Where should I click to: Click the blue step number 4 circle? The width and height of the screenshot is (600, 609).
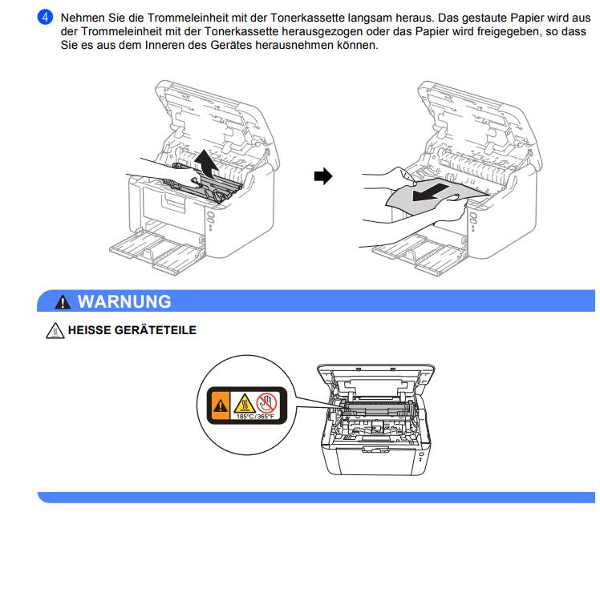45,18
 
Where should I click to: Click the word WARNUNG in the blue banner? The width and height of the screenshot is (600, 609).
124,302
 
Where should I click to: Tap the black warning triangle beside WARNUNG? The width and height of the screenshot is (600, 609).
63,302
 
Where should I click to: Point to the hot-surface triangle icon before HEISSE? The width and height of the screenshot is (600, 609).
55,330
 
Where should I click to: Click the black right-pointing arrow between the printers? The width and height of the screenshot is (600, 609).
323,176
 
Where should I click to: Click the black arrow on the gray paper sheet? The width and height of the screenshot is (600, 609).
431,192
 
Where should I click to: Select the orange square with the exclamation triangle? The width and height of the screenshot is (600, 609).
220,405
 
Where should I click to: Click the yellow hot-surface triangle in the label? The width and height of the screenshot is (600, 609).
244,403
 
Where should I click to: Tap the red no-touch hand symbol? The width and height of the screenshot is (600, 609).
267,402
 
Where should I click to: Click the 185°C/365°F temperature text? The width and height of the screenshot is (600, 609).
255,417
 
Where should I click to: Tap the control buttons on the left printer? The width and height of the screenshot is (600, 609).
210,220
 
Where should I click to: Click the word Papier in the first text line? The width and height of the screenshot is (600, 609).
527,18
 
